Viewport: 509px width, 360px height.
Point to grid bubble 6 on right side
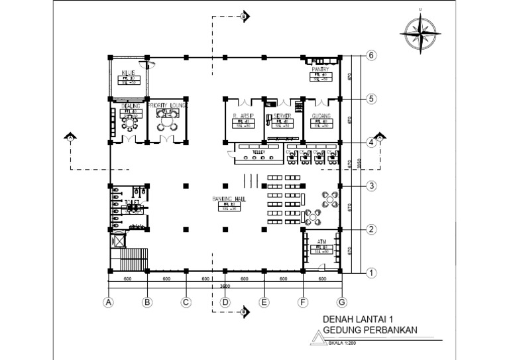click(x=372, y=56)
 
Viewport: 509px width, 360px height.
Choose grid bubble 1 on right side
click(x=372, y=272)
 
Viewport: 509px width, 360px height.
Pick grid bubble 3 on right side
click(x=372, y=186)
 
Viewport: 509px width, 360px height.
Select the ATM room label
click(x=321, y=241)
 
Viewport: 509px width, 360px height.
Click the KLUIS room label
click(x=128, y=72)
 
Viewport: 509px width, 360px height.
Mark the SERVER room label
click(x=282, y=115)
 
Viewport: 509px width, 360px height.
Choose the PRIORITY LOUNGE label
click(x=167, y=105)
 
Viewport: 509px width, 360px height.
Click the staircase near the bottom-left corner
click(x=130, y=260)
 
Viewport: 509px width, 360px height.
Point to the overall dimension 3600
click(x=225, y=286)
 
